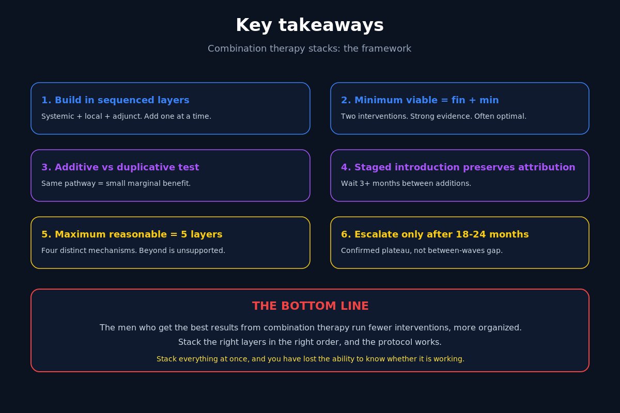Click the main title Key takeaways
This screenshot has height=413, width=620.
[x=309, y=25]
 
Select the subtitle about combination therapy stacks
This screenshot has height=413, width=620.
[x=309, y=49]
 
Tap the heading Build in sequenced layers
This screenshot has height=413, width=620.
[x=115, y=100]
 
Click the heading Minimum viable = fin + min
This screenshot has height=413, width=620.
[x=420, y=100]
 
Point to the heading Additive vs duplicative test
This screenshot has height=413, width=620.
[x=120, y=167]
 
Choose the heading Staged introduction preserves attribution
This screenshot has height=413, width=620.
[x=458, y=167]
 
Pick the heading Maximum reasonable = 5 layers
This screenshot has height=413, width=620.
[x=132, y=234]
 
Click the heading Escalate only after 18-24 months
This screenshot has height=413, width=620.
[x=435, y=234]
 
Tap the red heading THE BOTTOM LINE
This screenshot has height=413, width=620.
[x=311, y=306]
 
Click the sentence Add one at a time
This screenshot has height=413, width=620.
[x=177, y=116]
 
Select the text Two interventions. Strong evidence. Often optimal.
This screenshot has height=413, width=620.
[x=433, y=116]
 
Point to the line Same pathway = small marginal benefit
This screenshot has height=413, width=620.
[x=116, y=183]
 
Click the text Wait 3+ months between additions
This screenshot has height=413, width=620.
[x=406, y=183]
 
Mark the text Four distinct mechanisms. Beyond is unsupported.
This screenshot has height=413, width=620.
[x=133, y=250]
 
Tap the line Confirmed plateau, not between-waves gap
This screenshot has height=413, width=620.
[x=422, y=250]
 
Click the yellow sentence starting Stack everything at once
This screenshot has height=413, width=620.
[x=311, y=359]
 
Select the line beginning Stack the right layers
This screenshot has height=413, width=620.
[x=309, y=342]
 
